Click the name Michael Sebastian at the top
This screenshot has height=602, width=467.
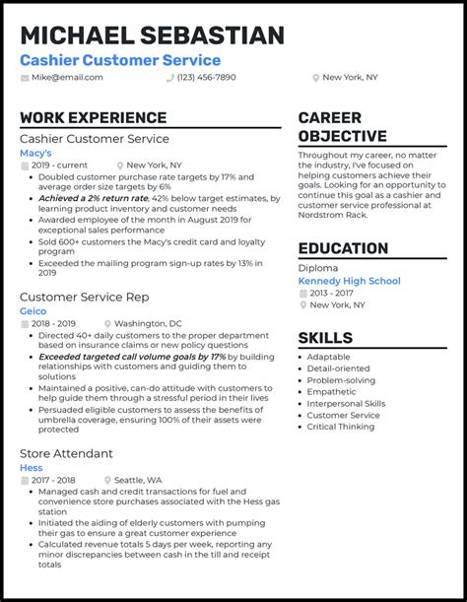tap(152, 35)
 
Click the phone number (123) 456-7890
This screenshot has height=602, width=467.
tap(206, 77)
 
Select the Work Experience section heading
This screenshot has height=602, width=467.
tap(93, 118)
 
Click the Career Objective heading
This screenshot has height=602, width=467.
tap(342, 127)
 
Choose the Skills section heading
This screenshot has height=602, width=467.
tap(325, 338)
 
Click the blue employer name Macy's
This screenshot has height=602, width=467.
tap(36, 154)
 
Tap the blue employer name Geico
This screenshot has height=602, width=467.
tap(33, 310)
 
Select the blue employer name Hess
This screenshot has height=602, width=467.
tap(32, 467)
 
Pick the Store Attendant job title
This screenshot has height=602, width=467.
tap(66, 453)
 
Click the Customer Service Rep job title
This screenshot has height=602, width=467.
tap(84, 296)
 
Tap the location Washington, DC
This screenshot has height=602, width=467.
tap(148, 323)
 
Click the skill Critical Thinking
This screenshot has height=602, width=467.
tap(341, 427)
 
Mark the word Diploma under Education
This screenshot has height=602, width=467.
tap(318, 267)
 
